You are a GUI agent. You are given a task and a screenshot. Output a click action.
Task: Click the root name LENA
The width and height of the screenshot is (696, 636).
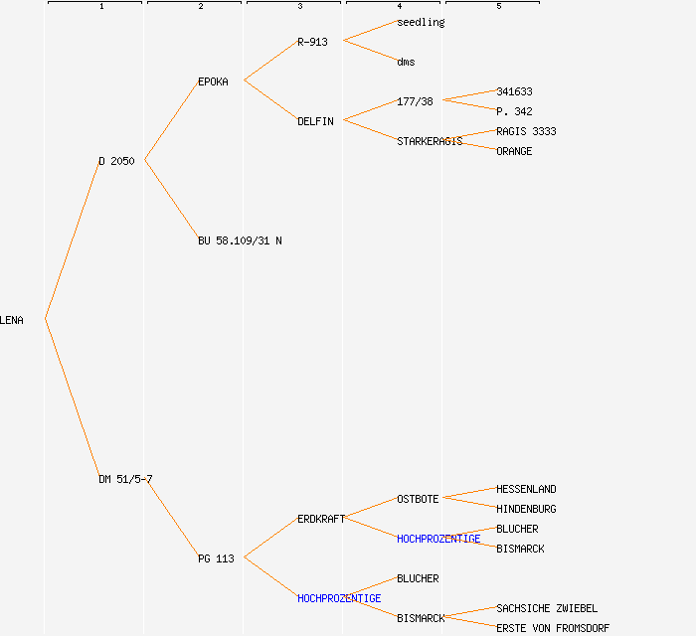(x=12, y=320)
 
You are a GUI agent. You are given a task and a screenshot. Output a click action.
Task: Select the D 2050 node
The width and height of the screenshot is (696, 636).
(x=116, y=161)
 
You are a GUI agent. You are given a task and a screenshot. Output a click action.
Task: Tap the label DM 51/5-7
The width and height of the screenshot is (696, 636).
(x=125, y=479)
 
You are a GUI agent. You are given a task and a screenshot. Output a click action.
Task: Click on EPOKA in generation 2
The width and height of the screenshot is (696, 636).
(x=213, y=81)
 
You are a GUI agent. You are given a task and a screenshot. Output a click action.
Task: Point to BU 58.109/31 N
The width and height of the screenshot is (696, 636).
(x=240, y=240)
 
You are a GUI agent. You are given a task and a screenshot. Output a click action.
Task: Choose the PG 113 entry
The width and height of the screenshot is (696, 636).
(x=216, y=558)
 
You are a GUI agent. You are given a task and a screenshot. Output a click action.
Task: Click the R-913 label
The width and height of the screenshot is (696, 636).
(x=312, y=42)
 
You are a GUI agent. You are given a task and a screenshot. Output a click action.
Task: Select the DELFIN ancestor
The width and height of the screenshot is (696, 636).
(x=315, y=121)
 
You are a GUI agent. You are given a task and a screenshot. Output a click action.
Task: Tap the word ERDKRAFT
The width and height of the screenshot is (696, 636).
(x=321, y=519)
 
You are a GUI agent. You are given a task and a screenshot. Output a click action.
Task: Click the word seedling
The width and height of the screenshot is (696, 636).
(x=421, y=22)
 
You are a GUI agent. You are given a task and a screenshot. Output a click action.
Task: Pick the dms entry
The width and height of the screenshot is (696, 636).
(x=406, y=62)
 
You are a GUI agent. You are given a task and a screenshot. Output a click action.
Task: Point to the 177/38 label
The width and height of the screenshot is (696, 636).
(x=415, y=101)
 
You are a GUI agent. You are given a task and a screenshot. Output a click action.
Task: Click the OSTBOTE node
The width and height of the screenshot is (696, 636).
(x=418, y=499)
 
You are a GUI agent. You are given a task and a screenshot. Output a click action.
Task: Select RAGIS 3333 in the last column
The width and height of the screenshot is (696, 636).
(x=526, y=131)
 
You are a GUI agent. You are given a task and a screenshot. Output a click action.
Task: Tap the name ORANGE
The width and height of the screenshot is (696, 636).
(x=514, y=151)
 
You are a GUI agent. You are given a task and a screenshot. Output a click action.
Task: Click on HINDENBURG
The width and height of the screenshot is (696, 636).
(x=526, y=509)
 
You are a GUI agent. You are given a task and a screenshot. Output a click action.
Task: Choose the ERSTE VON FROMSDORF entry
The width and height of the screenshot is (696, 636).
(x=553, y=628)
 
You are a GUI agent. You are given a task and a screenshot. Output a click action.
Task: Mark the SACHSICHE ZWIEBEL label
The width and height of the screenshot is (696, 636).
(x=547, y=608)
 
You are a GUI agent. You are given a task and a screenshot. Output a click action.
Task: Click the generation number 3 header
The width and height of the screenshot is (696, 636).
(x=299, y=7)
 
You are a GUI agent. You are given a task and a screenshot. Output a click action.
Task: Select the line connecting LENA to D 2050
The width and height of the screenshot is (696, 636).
(x=72, y=239)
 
